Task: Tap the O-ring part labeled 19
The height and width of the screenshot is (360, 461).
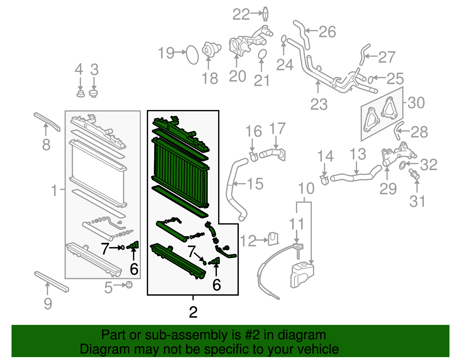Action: click(192, 54)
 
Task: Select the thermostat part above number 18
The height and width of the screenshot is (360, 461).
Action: click(211, 50)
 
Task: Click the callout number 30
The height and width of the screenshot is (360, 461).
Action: click(416, 103)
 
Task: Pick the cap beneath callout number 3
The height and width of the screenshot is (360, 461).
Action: click(93, 93)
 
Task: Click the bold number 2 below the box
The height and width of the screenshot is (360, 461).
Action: click(193, 312)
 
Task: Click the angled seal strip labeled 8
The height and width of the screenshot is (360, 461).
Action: click(47, 121)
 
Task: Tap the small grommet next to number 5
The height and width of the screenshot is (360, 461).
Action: click(129, 285)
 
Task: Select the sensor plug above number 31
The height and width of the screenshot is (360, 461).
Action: click(414, 174)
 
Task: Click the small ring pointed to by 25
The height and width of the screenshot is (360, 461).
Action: click(371, 79)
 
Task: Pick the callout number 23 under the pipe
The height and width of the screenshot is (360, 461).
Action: click(319, 104)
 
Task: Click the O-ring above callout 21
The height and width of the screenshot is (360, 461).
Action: click(262, 54)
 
